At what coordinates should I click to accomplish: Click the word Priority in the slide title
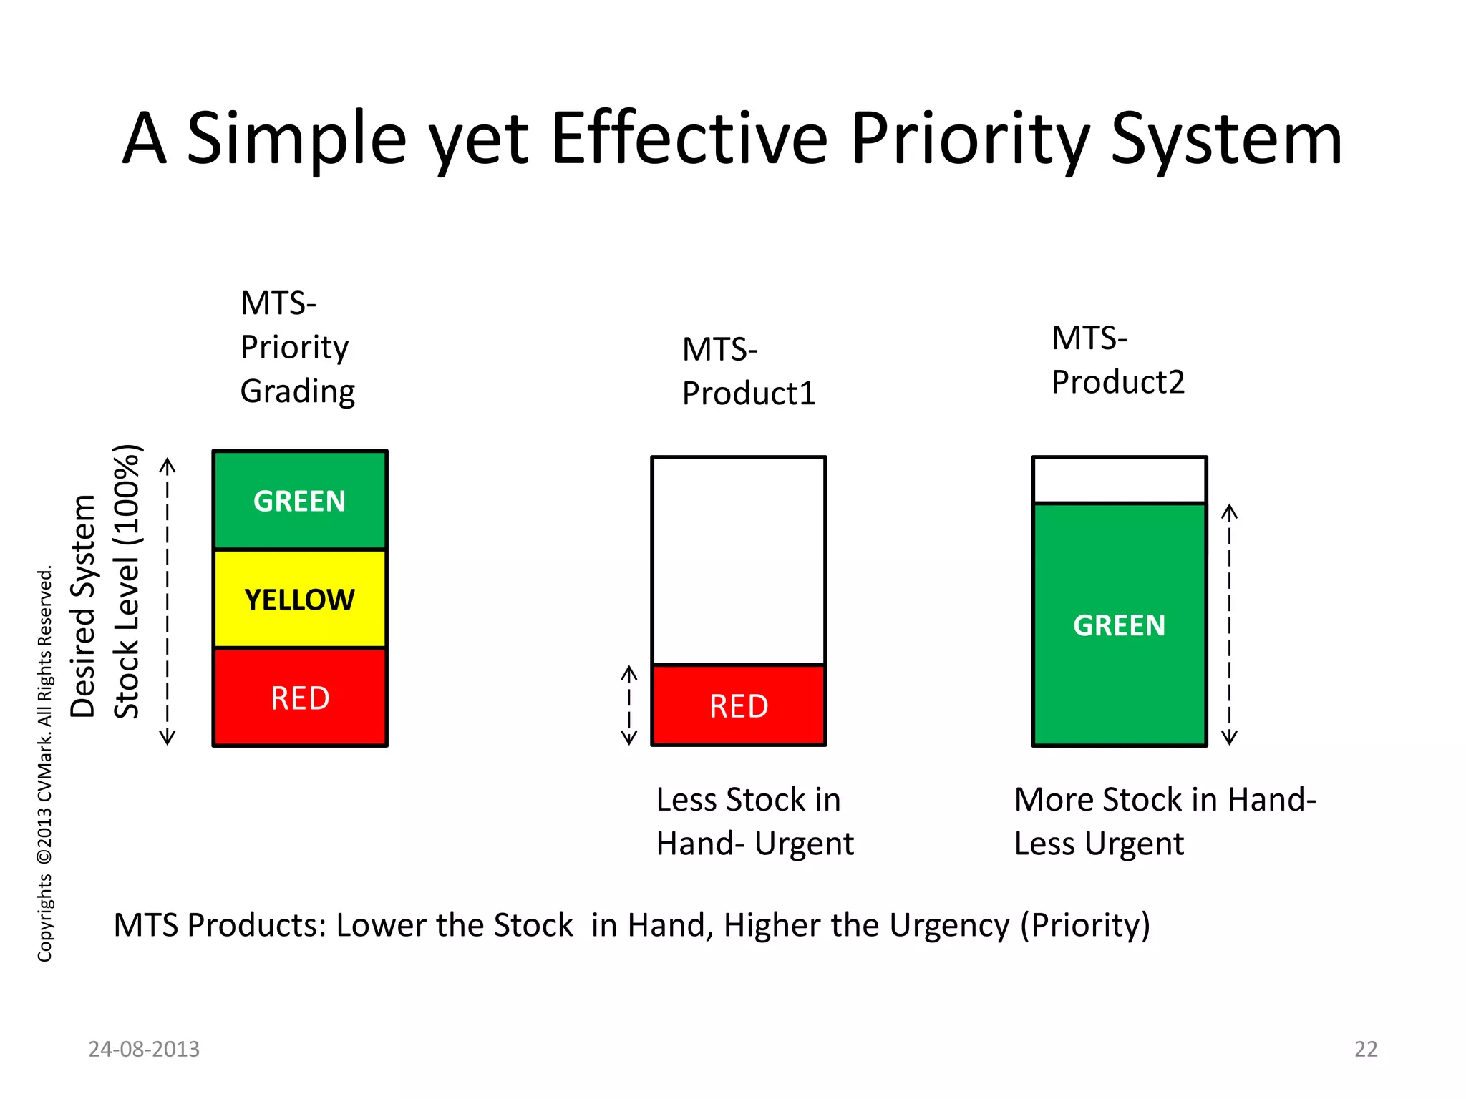970,140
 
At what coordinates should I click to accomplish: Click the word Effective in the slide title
689,140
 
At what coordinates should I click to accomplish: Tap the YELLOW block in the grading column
299,599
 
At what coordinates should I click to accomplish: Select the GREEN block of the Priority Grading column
299,500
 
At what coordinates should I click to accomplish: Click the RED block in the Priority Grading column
299,698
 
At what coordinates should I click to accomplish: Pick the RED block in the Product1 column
738,705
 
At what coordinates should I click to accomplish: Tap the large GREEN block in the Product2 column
1119,625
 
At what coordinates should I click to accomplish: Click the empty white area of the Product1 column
738,560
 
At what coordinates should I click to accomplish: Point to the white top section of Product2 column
1119,480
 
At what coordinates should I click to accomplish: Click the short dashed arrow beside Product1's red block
628,705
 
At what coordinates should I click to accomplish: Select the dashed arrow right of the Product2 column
1229,625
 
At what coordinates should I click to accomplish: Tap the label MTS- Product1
748,371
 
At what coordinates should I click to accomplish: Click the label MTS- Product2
1117,360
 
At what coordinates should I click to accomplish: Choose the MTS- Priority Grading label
297,347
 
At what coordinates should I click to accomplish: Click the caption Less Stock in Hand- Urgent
754,821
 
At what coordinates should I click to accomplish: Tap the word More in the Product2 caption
1053,800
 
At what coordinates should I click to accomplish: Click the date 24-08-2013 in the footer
144,1049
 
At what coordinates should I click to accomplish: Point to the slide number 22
1365,1049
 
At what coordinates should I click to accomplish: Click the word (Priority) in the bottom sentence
1084,925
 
